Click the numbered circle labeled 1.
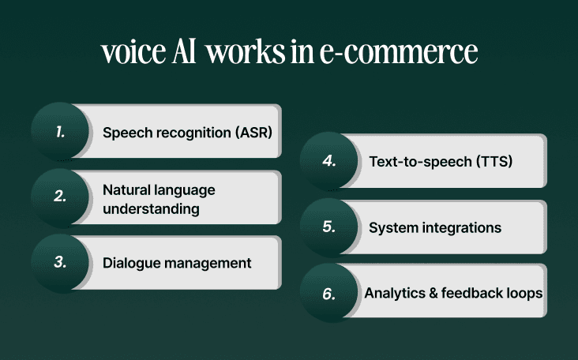tap(60, 132)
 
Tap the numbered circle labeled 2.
tap(60, 197)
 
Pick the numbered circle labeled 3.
tap(60, 263)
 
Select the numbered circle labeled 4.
tap(329, 161)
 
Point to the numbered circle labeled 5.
tap(329, 227)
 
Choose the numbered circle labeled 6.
tap(329, 293)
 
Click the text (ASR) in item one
tap(253, 132)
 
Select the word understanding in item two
tap(151, 208)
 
